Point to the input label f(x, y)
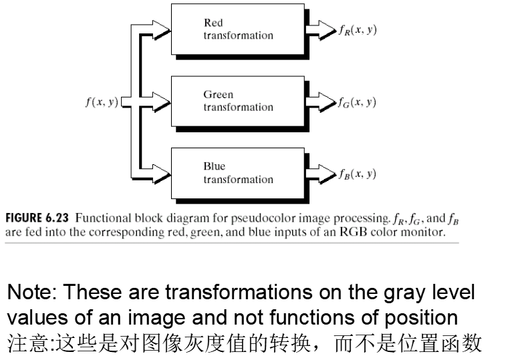click(x=102, y=102)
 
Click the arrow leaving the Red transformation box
click(x=326, y=30)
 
